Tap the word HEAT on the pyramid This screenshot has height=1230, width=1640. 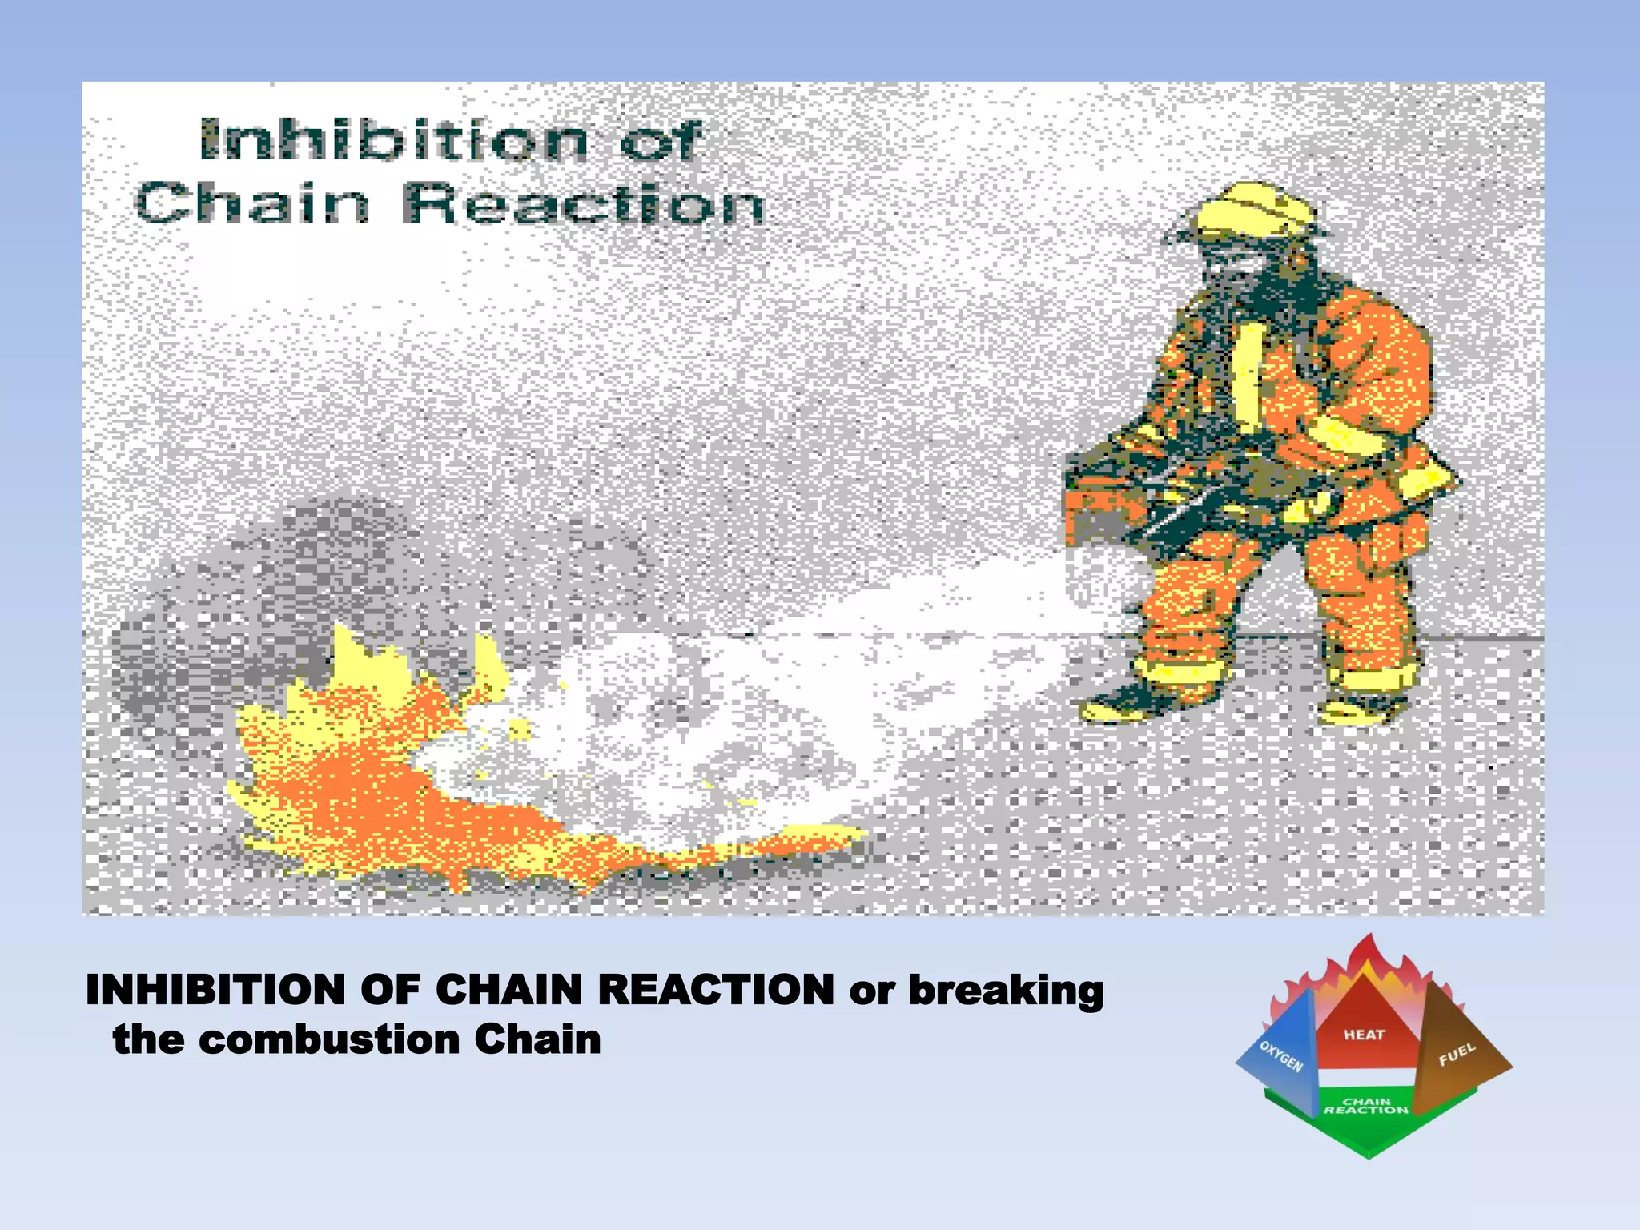[x=1364, y=1035]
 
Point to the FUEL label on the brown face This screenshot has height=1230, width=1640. [x=1457, y=1055]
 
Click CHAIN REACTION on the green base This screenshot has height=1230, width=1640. [x=1365, y=1106]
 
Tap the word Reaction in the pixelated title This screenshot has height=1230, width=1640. [x=584, y=204]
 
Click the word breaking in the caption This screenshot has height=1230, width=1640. [x=1006, y=991]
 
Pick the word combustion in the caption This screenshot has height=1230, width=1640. [x=329, y=1040]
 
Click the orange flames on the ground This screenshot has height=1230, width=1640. [x=360, y=785]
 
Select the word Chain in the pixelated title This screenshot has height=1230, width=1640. [x=252, y=204]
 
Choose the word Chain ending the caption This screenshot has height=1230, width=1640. [x=537, y=1040]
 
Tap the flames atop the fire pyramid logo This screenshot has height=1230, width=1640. [x=1369, y=965]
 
